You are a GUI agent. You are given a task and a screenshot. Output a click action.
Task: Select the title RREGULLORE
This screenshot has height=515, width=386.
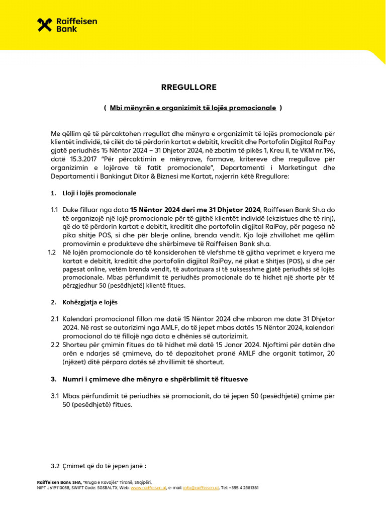point(188,87)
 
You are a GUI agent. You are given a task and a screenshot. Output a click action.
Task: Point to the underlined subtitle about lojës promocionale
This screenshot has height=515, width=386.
point(192,108)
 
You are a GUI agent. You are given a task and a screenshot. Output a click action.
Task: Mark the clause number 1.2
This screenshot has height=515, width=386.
point(52,252)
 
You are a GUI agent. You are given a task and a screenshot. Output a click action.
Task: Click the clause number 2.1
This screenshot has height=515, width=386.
point(55,319)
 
